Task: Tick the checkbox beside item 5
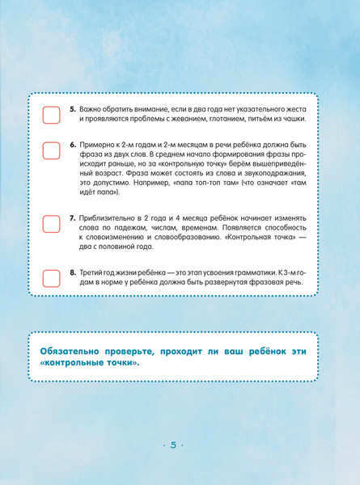pos(51,114)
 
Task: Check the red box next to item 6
pos(51,150)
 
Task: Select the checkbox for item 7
pos(51,224)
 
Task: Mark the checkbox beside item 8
pos(51,279)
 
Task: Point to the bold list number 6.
pos(72,144)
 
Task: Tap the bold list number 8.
pos(72,272)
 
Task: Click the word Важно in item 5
pos(91,108)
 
